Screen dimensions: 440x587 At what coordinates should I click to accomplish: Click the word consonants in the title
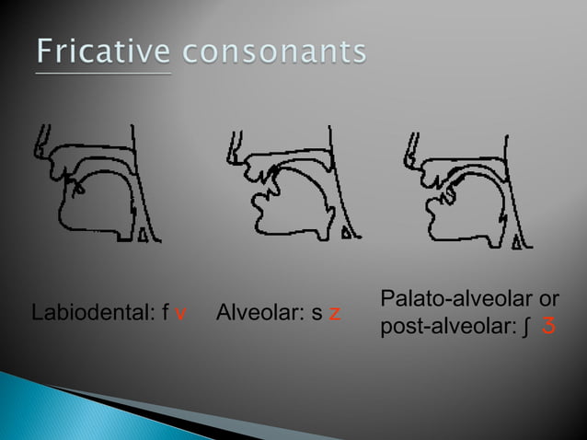(273, 52)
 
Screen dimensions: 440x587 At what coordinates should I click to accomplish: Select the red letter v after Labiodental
(181, 315)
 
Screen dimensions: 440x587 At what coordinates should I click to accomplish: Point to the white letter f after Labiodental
(165, 314)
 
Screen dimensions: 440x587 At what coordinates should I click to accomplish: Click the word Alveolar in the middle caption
(259, 314)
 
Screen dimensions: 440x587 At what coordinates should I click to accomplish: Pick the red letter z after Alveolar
(337, 315)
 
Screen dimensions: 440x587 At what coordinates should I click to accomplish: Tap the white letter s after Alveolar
(317, 315)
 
